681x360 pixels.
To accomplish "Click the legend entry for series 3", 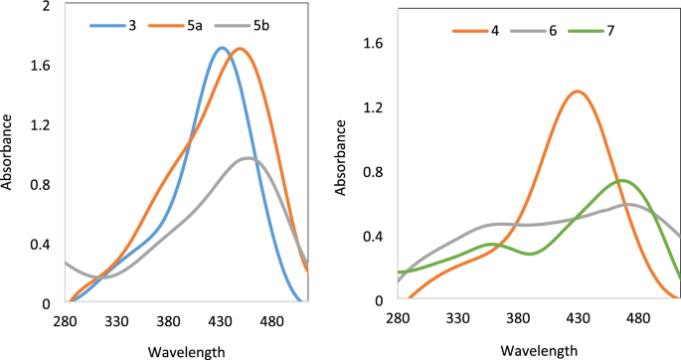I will pyautogui.click(x=117, y=24).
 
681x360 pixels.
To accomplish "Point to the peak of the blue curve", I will pyautogui.click(x=222, y=48).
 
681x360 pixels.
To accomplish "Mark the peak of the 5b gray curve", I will pyautogui.click(x=249, y=158).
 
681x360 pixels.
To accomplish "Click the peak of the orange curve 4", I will pyautogui.click(x=577, y=91).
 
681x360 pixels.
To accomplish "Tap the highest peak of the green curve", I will pyautogui.click(x=622, y=180).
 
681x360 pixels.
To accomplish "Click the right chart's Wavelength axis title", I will pyautogui.click(x=538, y=350).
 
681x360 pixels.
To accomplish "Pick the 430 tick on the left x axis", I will pyautogui.click(x=220, y=321).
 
